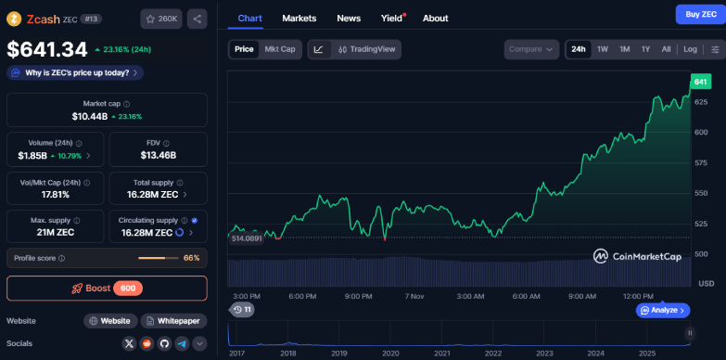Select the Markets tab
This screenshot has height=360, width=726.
coord(299,18)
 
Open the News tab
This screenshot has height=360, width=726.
coord(349,18)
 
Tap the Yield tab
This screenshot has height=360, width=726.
coord(392,18)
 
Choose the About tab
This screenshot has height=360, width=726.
coord(435,18)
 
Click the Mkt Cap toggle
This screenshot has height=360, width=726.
coord(280,49)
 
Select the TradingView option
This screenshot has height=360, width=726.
coord(367,49)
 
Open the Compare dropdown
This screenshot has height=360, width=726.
coord(532,49)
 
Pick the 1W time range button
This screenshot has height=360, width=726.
coord(603,49)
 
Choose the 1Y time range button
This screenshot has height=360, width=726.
coord(645,49)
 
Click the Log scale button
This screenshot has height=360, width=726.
coord(691,49)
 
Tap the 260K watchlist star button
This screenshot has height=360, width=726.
coord(161,18)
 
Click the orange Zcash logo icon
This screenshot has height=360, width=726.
coord(14,18)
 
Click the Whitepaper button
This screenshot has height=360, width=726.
coord(174,321)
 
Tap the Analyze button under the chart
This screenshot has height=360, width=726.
coord(663,310)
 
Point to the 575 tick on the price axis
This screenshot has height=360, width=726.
coord(701,162)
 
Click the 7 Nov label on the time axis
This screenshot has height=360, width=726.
coord(414,296)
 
